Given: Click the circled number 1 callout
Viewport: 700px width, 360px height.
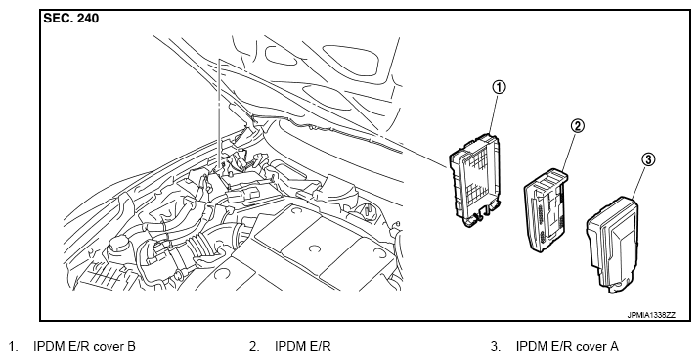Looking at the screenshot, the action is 500,87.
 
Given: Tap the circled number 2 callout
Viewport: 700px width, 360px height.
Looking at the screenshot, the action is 577,126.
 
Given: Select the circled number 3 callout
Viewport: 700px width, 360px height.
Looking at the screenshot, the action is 648,159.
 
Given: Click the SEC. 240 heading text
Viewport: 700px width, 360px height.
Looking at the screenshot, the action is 71,19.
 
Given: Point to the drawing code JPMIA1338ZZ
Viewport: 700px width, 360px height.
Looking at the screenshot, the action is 651,315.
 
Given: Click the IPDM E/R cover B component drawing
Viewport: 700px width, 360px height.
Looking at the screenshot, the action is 475,180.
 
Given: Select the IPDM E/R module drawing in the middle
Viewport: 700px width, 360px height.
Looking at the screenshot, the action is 547,210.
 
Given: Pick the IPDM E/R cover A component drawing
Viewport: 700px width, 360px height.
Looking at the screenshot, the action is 612,245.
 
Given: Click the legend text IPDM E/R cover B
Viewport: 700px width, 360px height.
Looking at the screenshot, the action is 84,347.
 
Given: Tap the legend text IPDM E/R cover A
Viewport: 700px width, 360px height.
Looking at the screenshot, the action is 567,347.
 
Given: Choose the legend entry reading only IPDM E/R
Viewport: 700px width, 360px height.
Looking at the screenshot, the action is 303,347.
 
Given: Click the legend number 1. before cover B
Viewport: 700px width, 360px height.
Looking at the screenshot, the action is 14,347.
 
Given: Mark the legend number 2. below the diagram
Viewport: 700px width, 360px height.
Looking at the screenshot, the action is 254,347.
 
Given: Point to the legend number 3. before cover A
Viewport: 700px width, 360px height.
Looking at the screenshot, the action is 496,347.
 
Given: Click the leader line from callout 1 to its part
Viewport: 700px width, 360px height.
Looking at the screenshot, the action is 493,113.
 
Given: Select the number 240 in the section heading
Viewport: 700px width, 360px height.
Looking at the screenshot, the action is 88,19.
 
